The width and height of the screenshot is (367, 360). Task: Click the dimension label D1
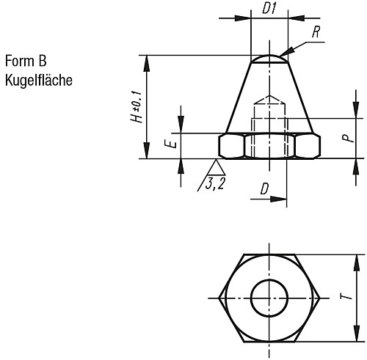[269, 10]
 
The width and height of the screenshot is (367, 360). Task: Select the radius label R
[316, 32]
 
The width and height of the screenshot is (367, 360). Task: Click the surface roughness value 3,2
[216, 183]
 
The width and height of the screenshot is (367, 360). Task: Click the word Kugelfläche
[38, 80]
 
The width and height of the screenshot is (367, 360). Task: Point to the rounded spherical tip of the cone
[269, 57]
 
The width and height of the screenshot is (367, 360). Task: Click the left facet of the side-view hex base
[230, 146]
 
